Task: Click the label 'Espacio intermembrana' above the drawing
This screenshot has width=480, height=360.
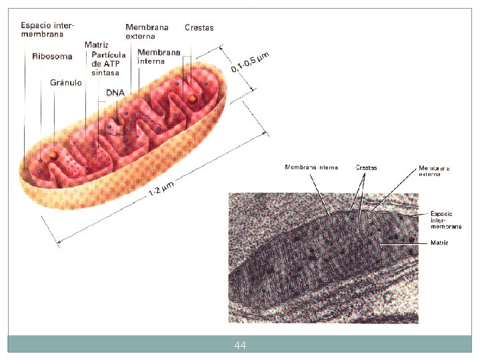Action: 47,29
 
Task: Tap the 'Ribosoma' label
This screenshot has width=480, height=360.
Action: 52,57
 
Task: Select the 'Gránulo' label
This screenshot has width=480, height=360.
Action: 66,83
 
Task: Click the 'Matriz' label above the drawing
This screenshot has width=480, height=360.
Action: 97,45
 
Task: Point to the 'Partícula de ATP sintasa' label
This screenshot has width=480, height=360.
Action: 109,63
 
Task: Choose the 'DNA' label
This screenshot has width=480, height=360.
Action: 115,93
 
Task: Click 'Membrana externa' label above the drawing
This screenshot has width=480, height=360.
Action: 147,31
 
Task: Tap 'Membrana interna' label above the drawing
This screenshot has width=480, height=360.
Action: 159,56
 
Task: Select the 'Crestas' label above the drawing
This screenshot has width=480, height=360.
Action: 199,28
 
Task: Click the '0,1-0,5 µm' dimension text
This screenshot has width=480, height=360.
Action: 250,61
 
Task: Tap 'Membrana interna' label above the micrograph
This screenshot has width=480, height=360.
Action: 311,167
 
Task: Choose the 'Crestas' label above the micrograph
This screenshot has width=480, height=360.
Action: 366,167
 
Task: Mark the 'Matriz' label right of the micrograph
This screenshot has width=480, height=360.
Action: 439,243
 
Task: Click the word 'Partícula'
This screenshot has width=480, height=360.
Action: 109,55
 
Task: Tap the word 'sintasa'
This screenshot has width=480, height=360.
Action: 105,72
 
